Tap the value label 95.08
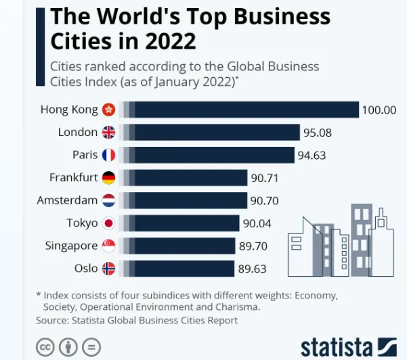click(318, 133)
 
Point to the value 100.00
click(379, 110)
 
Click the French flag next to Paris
click(108, 155)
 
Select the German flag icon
click(108, 178)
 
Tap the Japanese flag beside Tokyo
click(108, 223)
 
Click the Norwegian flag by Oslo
click(108, 269)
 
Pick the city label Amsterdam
click(67, 200)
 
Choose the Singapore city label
click(71, 246)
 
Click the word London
click(78, 132)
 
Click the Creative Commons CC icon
click(45, 346)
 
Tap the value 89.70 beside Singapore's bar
click(252, 246)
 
